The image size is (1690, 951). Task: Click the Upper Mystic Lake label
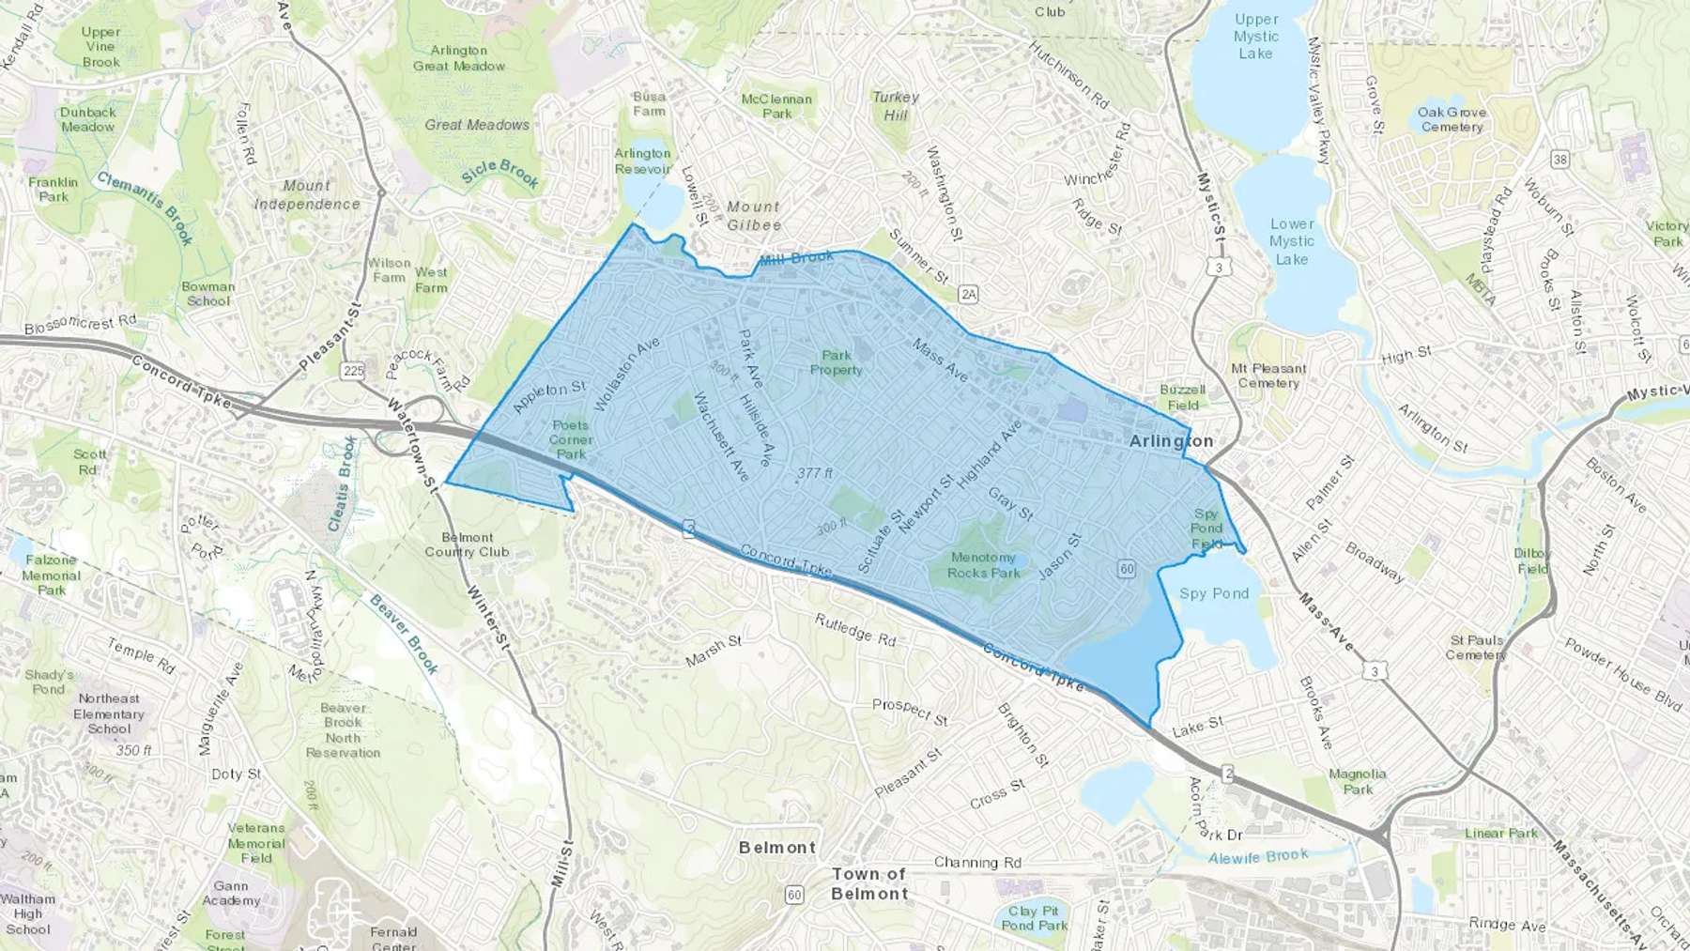tap(1256, 37)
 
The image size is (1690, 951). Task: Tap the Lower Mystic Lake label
tap(1292, 241)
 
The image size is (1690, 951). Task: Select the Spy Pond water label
tap(1214, 593)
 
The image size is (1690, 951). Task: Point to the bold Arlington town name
tap(1171, 441)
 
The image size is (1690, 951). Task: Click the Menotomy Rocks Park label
tap(983, 565)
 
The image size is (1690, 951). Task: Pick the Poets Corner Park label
tap(571, 439)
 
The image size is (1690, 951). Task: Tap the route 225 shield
tap(353, 371)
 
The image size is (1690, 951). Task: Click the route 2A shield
tap(968, 295)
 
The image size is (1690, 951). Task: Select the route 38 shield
tap(1559, 159)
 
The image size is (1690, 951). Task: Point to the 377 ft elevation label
tap(814, 473)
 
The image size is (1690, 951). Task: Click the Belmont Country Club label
tap(467, 545)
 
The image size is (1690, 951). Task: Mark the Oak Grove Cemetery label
tap(1452, 119)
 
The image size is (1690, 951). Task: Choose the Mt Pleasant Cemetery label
tap(1268, 376)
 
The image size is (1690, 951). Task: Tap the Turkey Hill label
tap(895, 105)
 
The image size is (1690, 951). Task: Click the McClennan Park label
tap(776, 106)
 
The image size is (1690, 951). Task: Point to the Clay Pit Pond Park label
tap(1034, 917)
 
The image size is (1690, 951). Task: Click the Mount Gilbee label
tap(753, 216)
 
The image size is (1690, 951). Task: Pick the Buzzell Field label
tap(1182, 397)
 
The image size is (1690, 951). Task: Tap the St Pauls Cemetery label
tap(1476, 647)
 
